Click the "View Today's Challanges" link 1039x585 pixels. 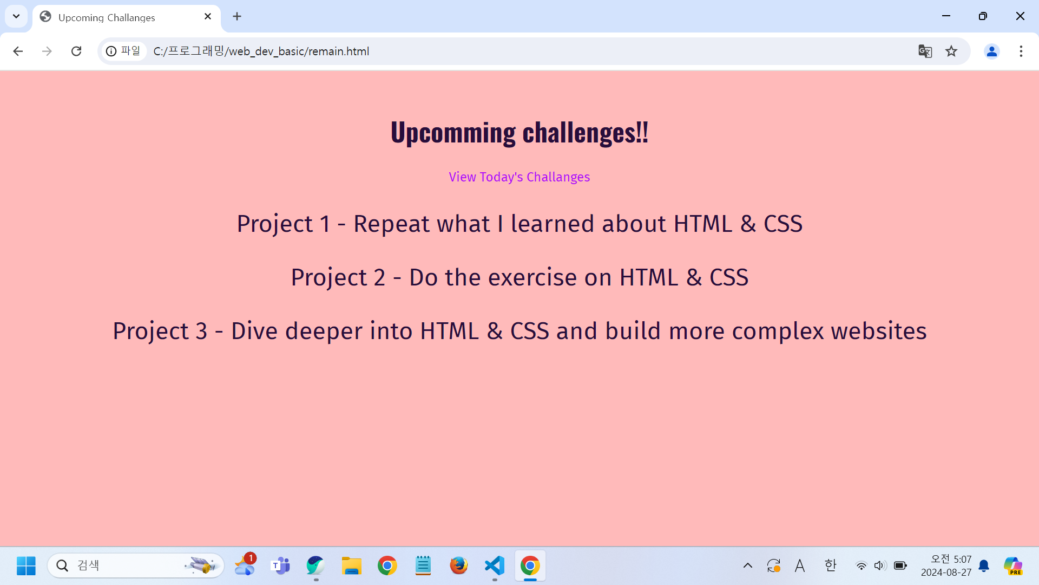click(x=519, y=177)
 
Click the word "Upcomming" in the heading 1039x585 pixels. click(x=453, y=132)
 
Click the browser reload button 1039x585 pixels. click(x=76, y=51)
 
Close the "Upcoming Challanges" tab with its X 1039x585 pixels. click(x=208, y=17)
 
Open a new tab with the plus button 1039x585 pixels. click(x=237, y=17)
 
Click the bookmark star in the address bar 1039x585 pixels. click(x=951, y=51)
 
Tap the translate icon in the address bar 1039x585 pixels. click(x=925, y=51)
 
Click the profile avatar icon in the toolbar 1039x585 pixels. click(x=992, y=51)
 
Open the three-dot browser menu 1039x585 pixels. click(x=1021, y=51)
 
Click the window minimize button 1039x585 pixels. click(x=946, y=16)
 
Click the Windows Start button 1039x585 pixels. click(x=26, y=565)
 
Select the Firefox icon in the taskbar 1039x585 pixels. click(x=459, y=565)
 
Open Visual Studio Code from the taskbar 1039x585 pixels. click(x=495, y=565)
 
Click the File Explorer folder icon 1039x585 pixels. click(x=352, y=565)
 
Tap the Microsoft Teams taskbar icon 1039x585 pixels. click(x=280, y=565)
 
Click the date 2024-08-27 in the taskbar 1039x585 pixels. click(x=946, y=572)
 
